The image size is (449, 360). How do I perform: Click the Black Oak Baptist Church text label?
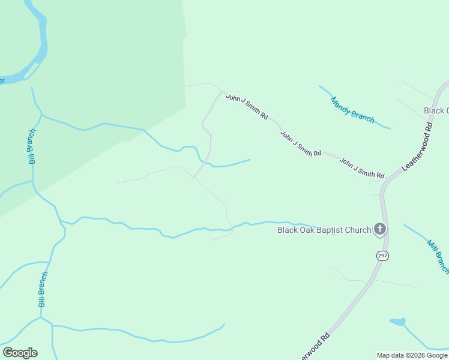coord(323,230)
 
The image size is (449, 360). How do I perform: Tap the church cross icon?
coord(379,229)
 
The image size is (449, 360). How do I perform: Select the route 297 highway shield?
coord(382,256)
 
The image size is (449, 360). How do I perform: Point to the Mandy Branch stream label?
coord(352,110)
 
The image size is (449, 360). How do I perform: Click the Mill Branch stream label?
coord(438,256)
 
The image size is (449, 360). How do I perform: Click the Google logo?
coord(20,353)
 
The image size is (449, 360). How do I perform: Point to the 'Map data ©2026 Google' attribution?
coord(412,355)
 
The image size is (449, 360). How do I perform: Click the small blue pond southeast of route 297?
coord(397,322)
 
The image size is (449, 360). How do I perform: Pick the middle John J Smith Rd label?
coord(301,143)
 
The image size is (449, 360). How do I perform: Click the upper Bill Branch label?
coord(32,146)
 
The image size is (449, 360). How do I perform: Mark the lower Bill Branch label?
coord(43,289)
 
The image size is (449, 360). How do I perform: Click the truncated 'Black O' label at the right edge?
coord(436,110)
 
